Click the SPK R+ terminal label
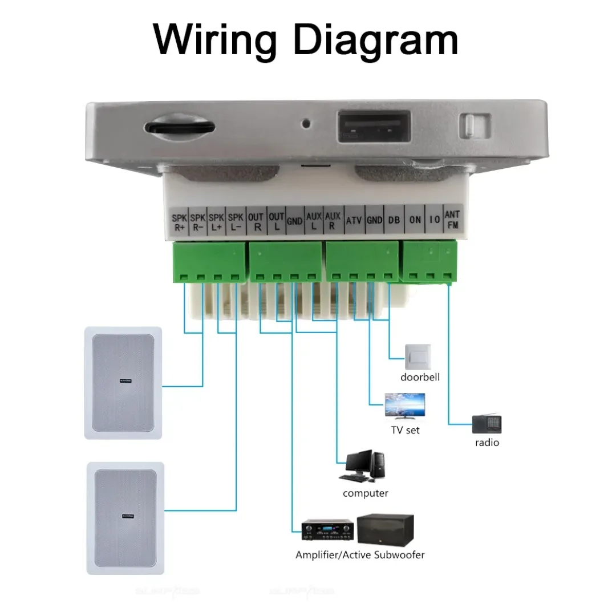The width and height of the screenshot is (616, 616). click(x=180, y=221)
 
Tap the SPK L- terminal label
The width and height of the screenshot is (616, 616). click(x=235, y=221)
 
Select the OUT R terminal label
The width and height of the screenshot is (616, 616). click(x=256, y=221)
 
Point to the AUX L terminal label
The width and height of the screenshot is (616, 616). click(x=314, y=221)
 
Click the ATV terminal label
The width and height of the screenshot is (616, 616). click(x=354, y=221)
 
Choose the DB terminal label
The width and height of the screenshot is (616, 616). click(x=394, y=221)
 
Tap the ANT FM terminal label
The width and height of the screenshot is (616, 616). click(x=452, y=221)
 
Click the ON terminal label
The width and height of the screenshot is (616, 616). click(x=415, y=221)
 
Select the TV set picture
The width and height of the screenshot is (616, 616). click(x=404, y=407)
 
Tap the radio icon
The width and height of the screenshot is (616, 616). click(x=487, y=424)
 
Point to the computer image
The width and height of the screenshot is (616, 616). click(x=363, y=466)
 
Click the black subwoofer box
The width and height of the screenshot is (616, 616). click(x=385, y=530)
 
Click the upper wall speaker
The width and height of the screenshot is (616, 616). click(x=123, y=383)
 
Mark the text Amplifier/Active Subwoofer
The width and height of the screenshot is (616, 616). click(x=360, y=554)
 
